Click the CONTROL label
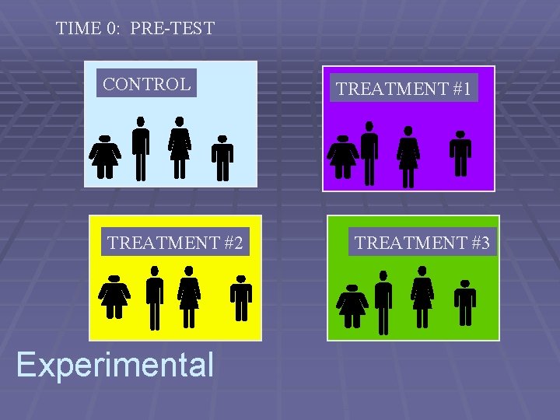point(147,84)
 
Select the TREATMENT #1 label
point(404,89)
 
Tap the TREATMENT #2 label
point(175,243)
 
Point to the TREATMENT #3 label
point(422,243)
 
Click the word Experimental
point(115,364)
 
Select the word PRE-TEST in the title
point(173,29)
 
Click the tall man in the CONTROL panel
point(140,148)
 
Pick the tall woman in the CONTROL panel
point(180,148)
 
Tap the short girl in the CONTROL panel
point(105,156)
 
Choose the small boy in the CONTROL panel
point(222,159)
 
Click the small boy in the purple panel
point(460,154)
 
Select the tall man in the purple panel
point(369,152)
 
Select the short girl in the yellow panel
point(115,296)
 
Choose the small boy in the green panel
point(465,303)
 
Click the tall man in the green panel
point(383,302)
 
